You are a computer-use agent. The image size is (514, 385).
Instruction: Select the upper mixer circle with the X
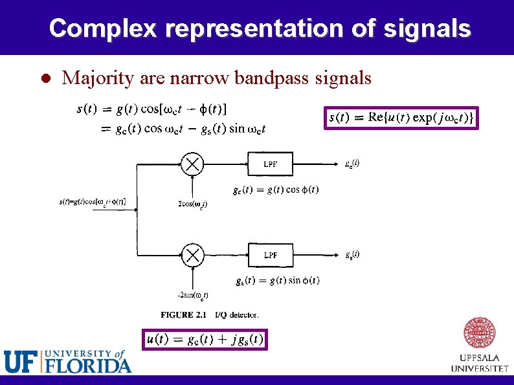pos(192,164)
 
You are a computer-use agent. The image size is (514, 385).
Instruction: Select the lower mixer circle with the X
pos(192,255)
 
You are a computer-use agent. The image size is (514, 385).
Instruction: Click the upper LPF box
pos(271,164)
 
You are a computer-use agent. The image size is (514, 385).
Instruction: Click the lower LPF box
pos(271,255)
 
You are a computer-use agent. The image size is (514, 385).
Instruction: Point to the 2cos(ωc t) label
pos(192,204)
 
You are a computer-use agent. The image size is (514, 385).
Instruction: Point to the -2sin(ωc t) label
pos(193,296)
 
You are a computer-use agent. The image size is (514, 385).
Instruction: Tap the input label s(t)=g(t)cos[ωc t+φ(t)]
pos(93,202)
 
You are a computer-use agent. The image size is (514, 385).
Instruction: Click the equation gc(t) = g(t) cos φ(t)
pos(275,190)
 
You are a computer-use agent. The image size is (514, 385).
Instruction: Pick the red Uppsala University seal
pos(480,333)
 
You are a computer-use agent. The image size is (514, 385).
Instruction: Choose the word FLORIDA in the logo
pos(88,366)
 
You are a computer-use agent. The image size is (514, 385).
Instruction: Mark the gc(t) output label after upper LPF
pos(352,163)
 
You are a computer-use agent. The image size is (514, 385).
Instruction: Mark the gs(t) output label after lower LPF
pos(352,254)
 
